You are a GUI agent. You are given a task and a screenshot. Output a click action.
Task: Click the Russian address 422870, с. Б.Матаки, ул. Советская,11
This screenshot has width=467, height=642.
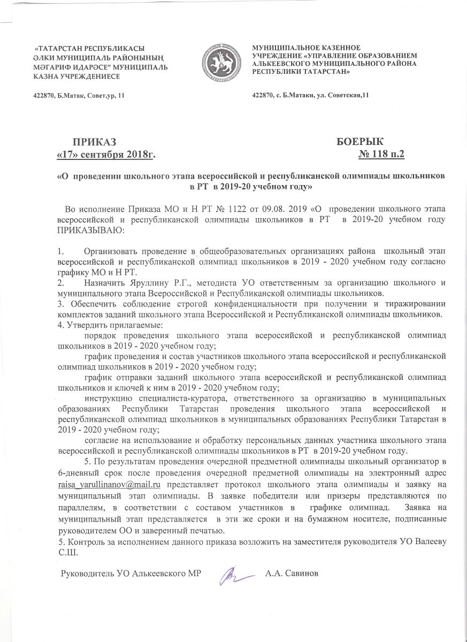click(310, 96)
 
